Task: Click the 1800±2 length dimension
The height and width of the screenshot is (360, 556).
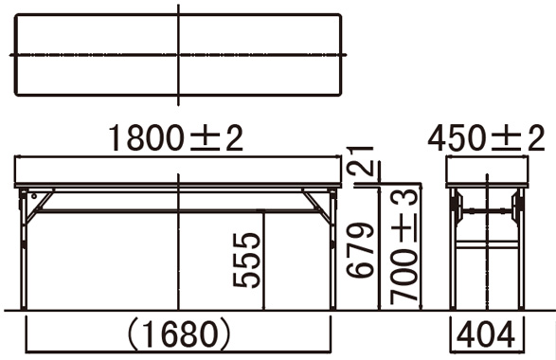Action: [175, 138]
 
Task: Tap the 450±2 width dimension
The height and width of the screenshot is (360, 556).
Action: [486, 138]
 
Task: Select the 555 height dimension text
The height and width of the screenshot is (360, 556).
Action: [246, 260]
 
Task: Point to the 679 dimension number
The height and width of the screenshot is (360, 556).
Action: [360, 250]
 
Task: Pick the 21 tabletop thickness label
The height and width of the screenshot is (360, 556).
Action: [361, 161]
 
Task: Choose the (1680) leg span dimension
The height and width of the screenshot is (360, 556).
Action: [178, 334]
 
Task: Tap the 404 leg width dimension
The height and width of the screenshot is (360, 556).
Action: [486, 334]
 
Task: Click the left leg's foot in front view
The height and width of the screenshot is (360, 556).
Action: [24, 307]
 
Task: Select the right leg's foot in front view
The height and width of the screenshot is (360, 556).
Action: [332, 307]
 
